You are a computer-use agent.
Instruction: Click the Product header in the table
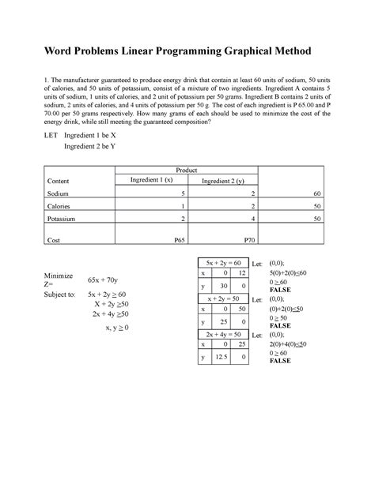tap(187, 171)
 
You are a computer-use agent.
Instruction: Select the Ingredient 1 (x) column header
tap(149, 181)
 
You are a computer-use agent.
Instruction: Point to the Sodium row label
tap(59, 193)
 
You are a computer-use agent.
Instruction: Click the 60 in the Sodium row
tap(316, 193)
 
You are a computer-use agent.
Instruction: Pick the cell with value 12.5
tap(223, 358)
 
